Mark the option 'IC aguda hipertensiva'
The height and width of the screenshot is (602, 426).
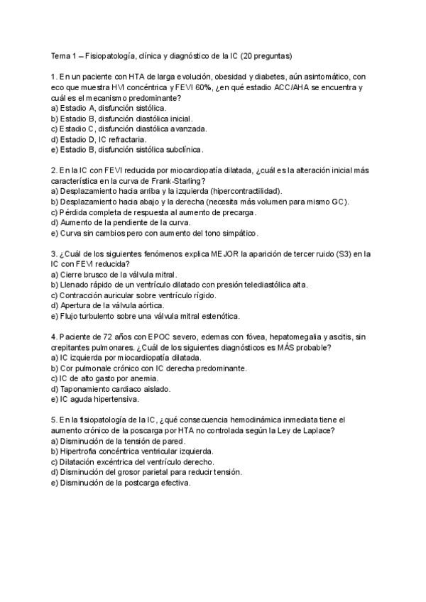[96, 400]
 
